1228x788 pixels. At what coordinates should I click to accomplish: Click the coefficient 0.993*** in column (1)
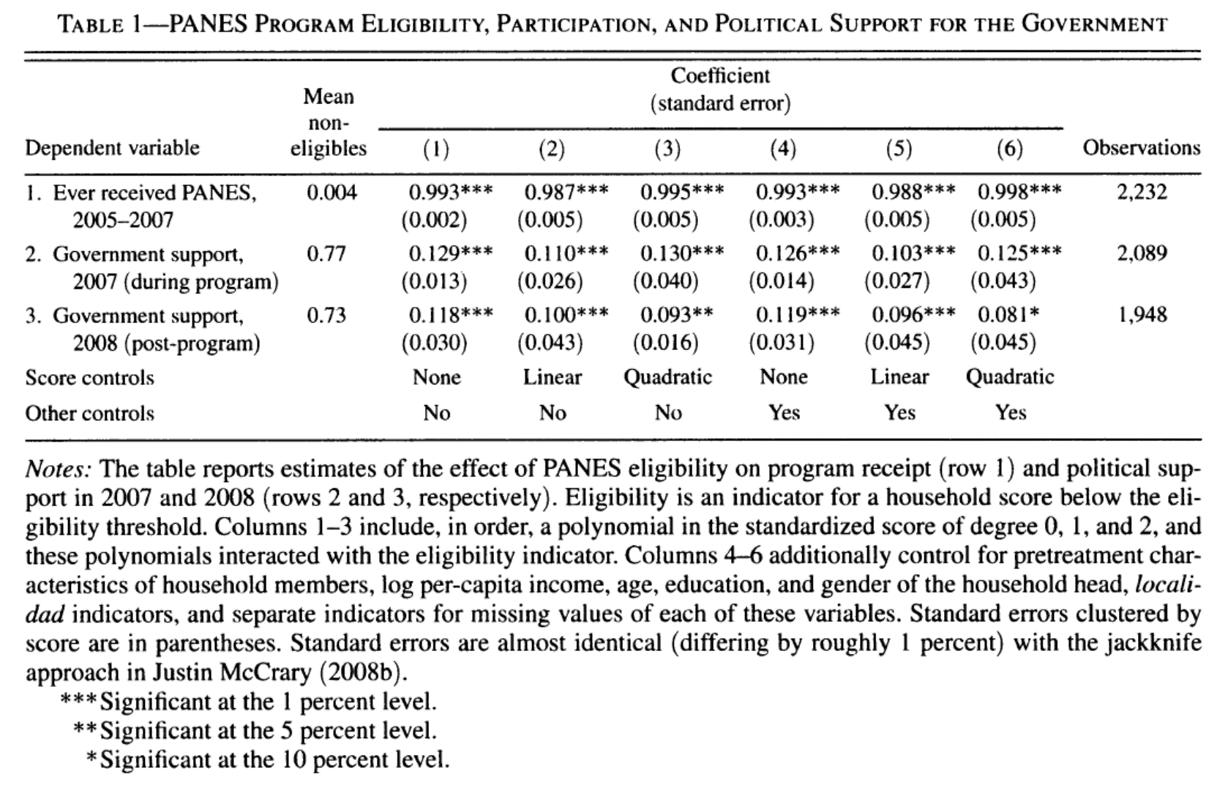pyautogui.click(x=450, y=193)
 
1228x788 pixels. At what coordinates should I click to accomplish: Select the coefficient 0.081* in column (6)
pyautogui.click(x=1008, y=316)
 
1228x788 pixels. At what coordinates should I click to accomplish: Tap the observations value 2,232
pyautogui.click(x=1142, y=193)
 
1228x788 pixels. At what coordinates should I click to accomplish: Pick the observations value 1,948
pyautogui.click(x=1142, y=316)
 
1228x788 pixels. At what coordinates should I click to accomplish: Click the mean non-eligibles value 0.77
pyautogui.click(x=326, y=254)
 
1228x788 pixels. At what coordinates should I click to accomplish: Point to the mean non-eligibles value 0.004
pyautogui.click(x=332, y=193)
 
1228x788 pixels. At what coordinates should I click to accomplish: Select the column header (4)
pyautogui.click(x=783, y=149)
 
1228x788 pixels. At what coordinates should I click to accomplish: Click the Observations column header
pyautogui.click(x=1142, y=148)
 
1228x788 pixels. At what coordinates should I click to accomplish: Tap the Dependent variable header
pyautogui.click(x=112, y=148)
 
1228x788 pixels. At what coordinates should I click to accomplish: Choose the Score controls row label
pyautogui.click(x=89, y=378)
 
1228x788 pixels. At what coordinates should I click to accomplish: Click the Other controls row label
pyautogui.click(x=89, y=414)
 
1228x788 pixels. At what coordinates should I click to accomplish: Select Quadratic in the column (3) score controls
pyautogui.click(x=667, y=378)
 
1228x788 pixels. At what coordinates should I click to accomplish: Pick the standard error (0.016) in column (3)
pyautogui.click(x=666, y=343)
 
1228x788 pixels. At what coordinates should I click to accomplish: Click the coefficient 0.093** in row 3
pyautogui.click(x=676, y=316)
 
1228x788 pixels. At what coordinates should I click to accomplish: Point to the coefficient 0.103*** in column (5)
pyautogui.click(x=913, y=254)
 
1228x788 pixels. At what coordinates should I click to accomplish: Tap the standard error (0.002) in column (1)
pyautogui.click(x=434, y=220)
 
